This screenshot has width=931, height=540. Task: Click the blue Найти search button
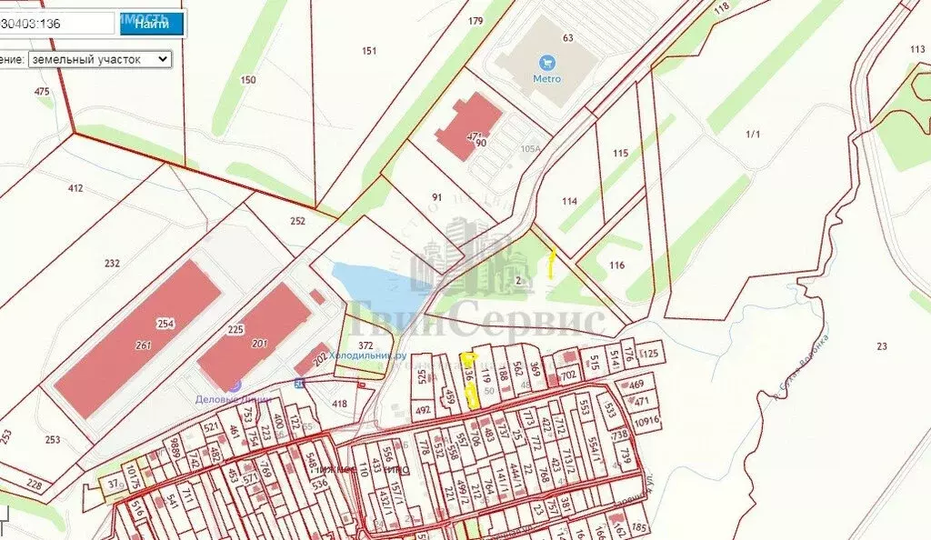tap(151, 24)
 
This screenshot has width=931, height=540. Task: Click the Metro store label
tap(546, 79)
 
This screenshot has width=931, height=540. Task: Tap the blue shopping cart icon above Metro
tap(546, 63)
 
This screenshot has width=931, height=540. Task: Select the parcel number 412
tap(75, 189)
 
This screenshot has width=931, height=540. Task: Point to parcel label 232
tap(112, 264)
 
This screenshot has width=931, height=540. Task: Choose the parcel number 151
tap(368, 51)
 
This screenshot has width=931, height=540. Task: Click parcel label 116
tap(617, 265)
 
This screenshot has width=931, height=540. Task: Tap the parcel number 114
tap(569, 202)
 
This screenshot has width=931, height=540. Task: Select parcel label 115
tap(620, 154)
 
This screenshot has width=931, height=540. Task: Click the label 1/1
tap(752, 135)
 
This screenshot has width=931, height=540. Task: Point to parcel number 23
tap(881, 346)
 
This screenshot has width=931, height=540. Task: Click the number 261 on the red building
tap(143, 345)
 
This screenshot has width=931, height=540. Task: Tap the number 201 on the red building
tap(259, 343)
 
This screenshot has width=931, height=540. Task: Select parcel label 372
tap(366, 345)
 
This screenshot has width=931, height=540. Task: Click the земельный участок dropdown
tap(99, 59)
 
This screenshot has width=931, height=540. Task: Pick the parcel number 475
tap(42, 92)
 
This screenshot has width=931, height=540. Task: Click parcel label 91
tap(436, 196)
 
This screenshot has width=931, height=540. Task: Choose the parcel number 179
tap(476, 21)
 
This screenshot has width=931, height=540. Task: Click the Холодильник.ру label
tap(366, 355)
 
